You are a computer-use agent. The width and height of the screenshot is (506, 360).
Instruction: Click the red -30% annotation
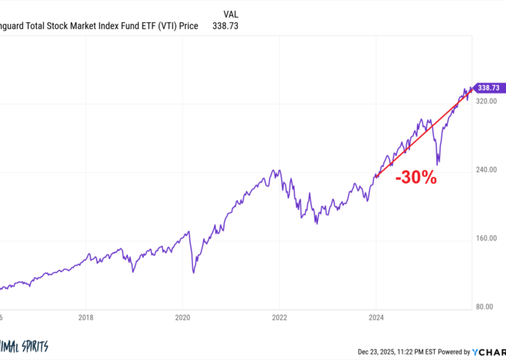coord(416,178)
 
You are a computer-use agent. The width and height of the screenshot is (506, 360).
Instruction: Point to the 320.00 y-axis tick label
coord(487,100)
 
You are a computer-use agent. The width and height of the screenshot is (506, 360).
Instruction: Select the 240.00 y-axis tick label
coord(487,169)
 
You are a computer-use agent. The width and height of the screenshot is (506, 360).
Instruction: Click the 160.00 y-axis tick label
coord(487,238)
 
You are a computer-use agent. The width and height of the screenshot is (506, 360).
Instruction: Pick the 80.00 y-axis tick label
coord(488,307)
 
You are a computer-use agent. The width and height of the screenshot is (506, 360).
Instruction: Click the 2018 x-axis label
coord(86,316)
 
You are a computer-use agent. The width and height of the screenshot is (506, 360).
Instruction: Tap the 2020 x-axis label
coord(182,316)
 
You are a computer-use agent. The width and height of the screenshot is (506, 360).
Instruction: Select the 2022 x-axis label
coord(279,316)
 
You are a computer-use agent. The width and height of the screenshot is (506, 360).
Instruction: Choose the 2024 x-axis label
coord(376,316)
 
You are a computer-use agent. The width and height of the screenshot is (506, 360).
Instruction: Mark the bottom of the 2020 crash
coord(193,272)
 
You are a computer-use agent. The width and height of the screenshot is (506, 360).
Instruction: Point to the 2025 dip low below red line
coord(437,163)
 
